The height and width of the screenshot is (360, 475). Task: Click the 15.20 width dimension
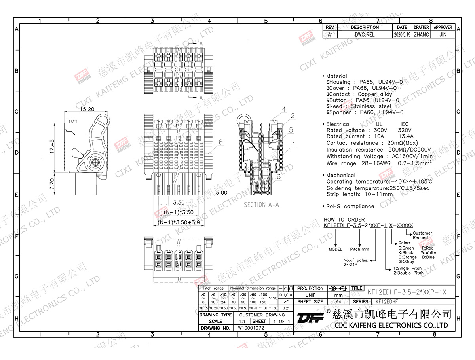[x=87, y=109]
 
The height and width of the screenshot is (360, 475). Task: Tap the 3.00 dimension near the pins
[x=222, y=193]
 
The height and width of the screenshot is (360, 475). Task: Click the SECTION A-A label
[x=261, y=205]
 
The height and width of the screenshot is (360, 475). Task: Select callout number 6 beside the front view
[x=220, y=142]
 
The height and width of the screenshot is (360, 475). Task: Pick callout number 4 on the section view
[x=284, y=109]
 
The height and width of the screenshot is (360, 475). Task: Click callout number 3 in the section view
[x=279, y=177]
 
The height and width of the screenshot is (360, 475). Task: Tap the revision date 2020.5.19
[x=401, y=35]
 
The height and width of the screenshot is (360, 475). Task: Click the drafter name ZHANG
[x=421, y=35]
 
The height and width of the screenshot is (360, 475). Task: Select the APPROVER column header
[x=443, y=28]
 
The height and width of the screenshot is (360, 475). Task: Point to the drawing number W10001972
[x=251, y=328]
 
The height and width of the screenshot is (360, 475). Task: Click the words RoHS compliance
[x=350, y=206]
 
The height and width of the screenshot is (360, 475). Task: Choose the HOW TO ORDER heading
[x=344, y=220]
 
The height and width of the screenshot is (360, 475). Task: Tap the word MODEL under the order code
[x=335, y=250]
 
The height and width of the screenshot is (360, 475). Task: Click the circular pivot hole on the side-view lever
[x=95, y=162]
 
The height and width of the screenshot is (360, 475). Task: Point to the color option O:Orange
[x=407, y=257]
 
